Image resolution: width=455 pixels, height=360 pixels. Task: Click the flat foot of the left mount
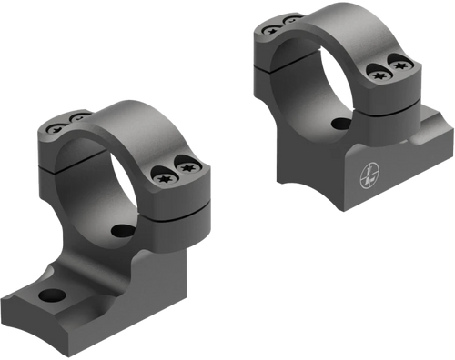coord(64,305)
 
